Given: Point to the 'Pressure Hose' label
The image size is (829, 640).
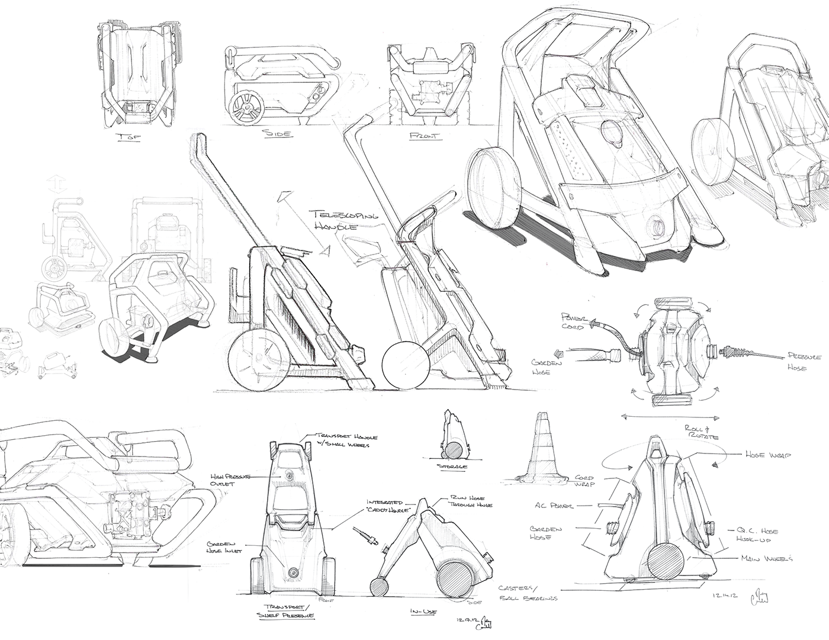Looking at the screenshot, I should coord(804,361).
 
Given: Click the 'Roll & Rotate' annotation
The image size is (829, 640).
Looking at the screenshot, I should coord(702,432).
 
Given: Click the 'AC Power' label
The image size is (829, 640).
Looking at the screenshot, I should coord(554,506).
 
